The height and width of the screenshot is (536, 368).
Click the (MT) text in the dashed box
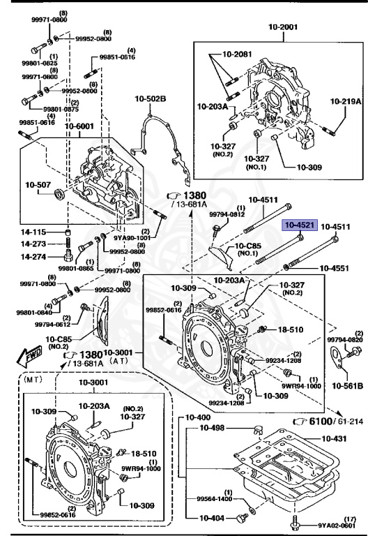coord(33,382)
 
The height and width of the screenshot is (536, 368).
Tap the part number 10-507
coord(39,185)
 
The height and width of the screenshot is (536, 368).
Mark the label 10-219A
coord(346,101)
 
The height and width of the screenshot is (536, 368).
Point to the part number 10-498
coord(212,428)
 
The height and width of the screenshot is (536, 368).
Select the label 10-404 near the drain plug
coord(211,518)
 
